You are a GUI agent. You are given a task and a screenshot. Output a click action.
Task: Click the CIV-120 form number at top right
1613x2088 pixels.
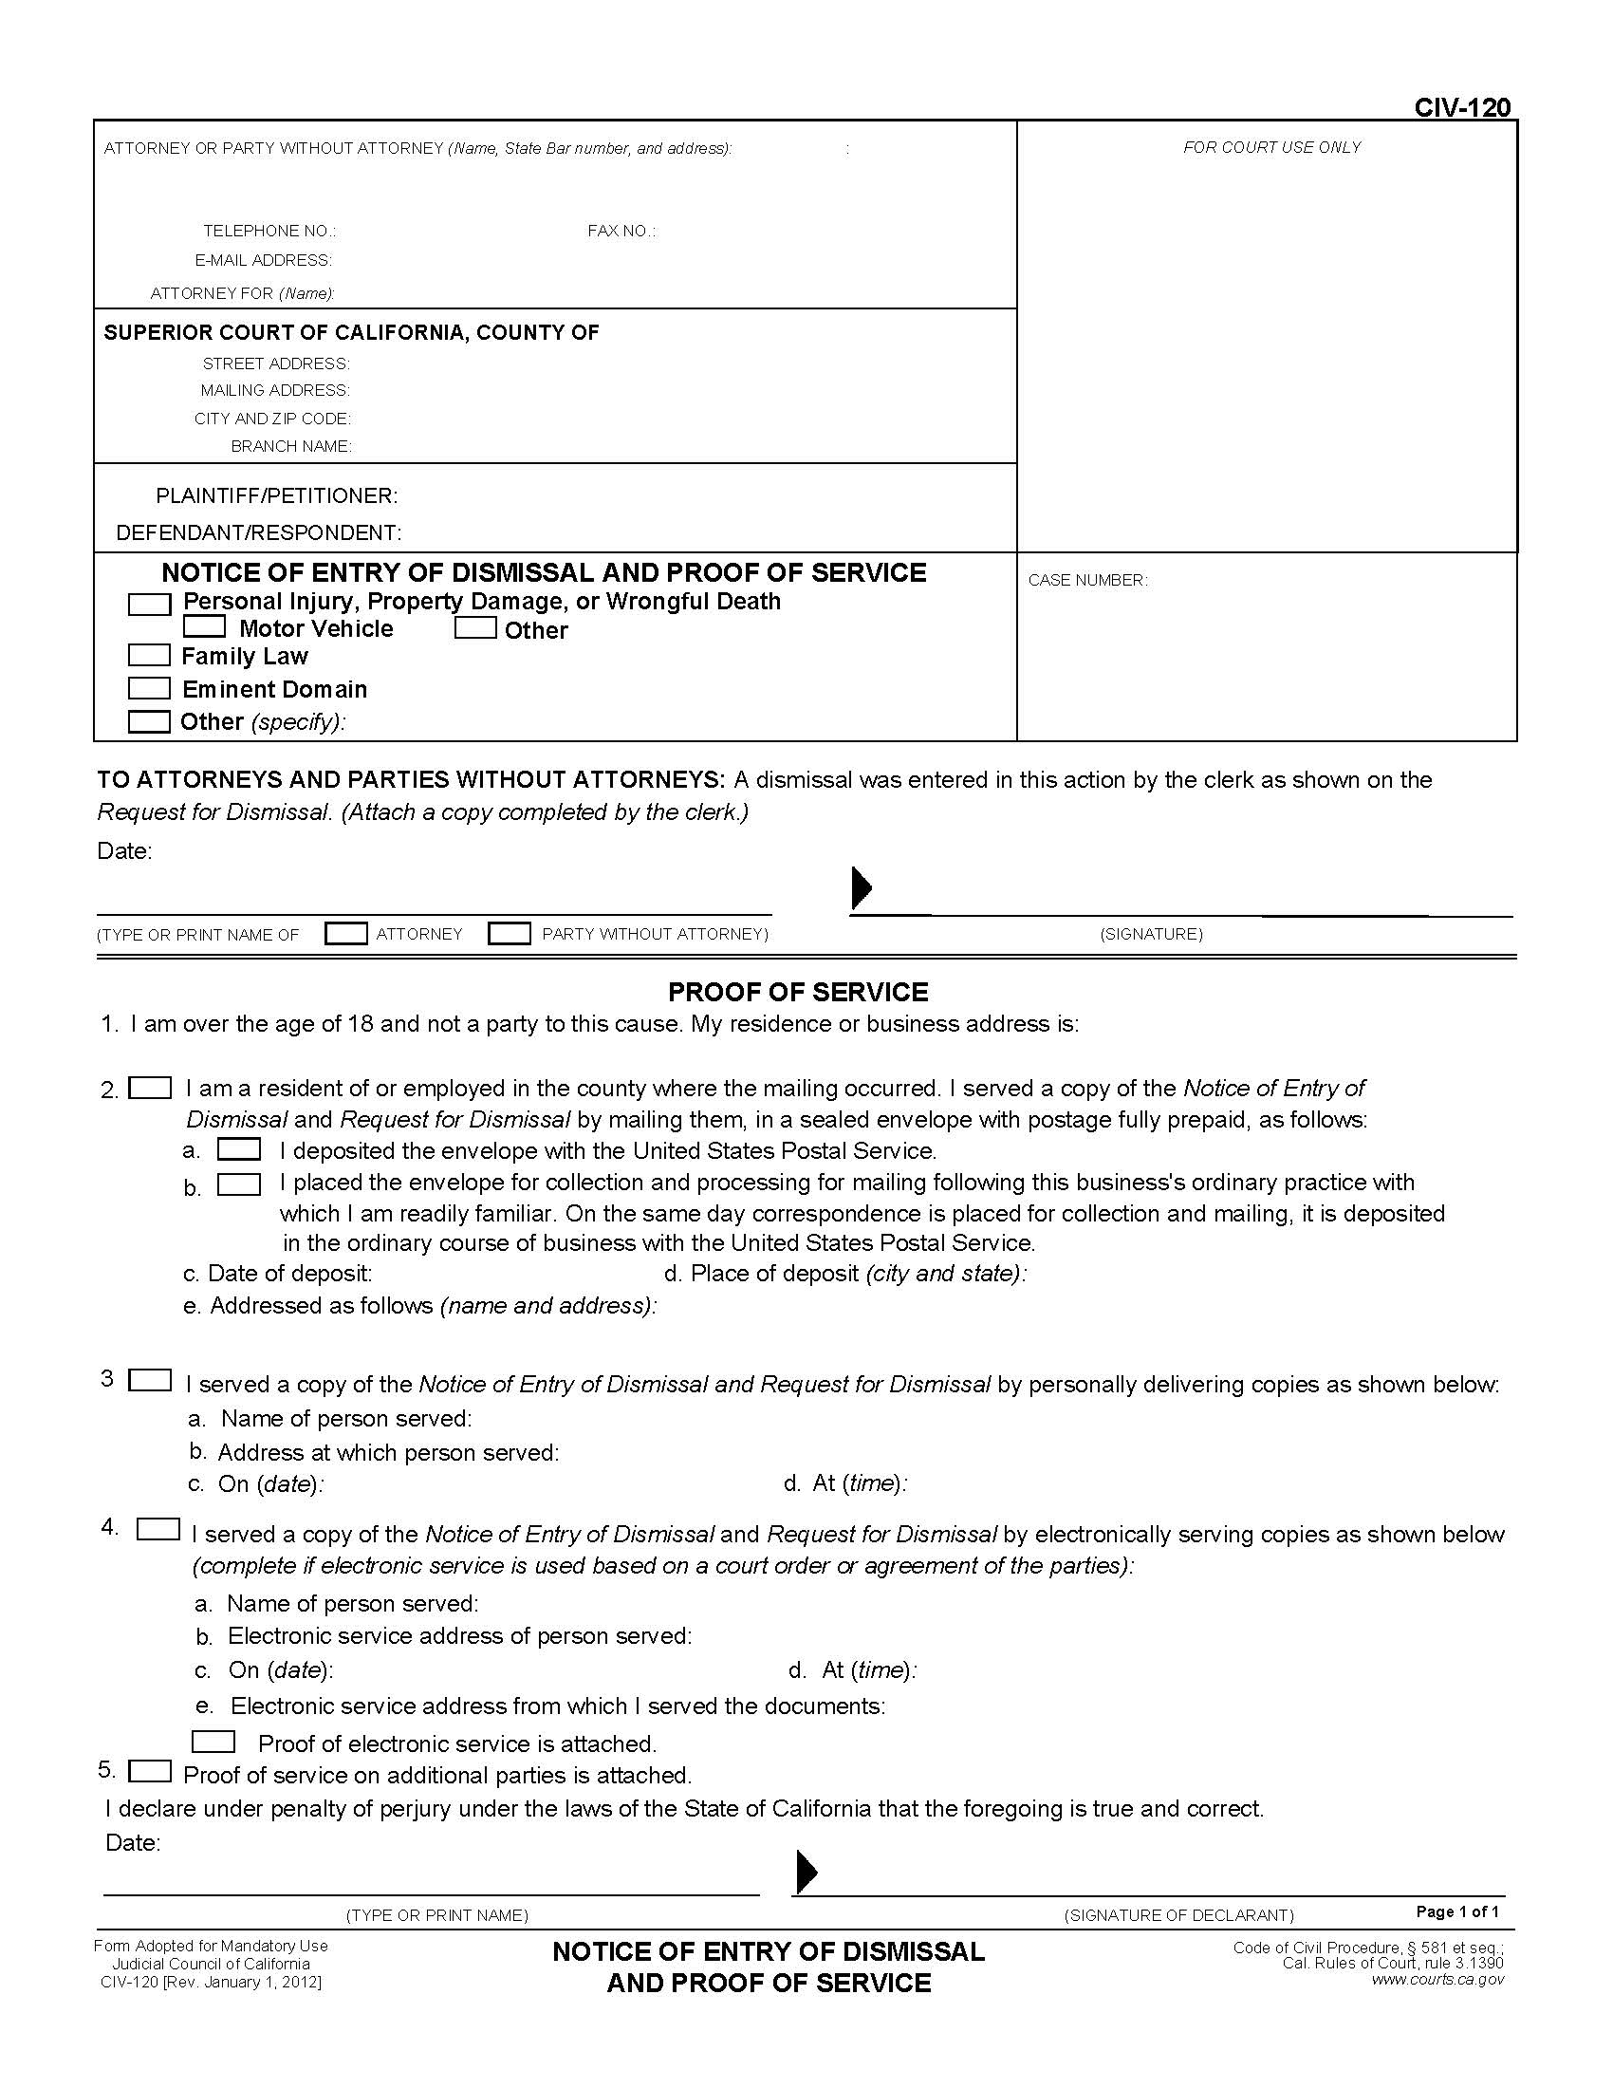[1462, 107]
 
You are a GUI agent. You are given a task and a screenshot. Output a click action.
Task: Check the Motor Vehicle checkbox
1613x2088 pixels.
[205, 627]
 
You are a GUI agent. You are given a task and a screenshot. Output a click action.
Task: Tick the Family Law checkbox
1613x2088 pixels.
[149, 655]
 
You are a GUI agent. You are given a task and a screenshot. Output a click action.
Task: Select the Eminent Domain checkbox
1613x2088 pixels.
[149, 688]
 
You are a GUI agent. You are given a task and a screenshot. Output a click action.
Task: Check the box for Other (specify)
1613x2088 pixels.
[149, 721]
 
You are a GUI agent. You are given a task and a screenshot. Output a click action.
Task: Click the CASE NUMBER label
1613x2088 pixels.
[1087, 580]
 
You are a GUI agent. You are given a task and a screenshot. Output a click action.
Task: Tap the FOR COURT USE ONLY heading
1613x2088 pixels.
[1270, 147]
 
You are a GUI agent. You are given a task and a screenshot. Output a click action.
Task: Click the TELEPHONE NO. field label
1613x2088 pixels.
[269, 232]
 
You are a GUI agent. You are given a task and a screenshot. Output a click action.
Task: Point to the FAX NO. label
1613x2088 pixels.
[621, 232]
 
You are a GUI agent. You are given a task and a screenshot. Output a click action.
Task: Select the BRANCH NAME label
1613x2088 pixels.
[291, 446]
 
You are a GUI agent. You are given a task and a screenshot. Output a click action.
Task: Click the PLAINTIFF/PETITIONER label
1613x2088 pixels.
[277, 495]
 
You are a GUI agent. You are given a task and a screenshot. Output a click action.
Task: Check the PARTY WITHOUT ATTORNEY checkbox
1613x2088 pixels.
[510, 933]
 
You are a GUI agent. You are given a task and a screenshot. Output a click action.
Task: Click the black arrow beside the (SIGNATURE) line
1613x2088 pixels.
[861, 888]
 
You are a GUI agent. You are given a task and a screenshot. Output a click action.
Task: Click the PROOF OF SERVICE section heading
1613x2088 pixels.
[798, 992]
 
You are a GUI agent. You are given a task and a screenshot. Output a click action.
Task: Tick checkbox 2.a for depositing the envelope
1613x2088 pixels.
[239, 1149]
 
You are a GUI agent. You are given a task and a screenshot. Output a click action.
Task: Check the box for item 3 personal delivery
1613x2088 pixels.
[150, 1381]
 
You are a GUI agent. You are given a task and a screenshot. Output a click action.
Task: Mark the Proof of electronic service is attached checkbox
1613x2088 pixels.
[213, 1742]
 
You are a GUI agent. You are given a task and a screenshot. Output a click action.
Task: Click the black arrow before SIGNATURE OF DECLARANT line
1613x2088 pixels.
[806, 1872]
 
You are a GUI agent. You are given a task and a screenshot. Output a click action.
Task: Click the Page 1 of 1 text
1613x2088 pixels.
[1457, 1912]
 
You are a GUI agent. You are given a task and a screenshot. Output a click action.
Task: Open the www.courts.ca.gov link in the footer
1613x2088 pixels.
[1437, 1979]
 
